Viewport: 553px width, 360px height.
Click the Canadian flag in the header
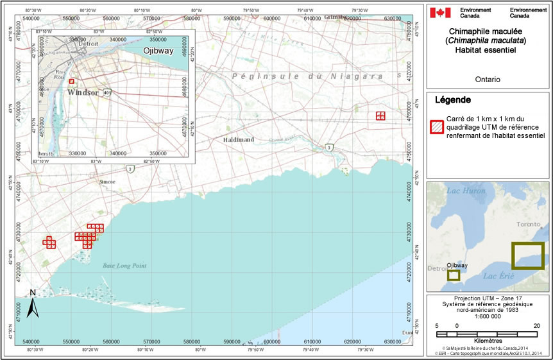point(441,12)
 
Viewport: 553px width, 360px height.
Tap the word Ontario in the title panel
point(489,80)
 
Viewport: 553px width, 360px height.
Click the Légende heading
point(453,100)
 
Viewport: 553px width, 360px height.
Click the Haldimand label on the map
point(239,139)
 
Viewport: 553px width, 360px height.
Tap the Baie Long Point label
point(124,266)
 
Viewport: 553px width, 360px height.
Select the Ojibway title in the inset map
point(158,51)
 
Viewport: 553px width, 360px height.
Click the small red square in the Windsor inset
point(72,81)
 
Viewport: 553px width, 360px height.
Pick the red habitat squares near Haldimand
point(381,116)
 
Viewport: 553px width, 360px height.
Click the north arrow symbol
point(35,304)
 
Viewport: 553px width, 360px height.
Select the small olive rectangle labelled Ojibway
point(454,275)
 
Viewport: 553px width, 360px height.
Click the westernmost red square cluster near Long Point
point(49,243)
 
